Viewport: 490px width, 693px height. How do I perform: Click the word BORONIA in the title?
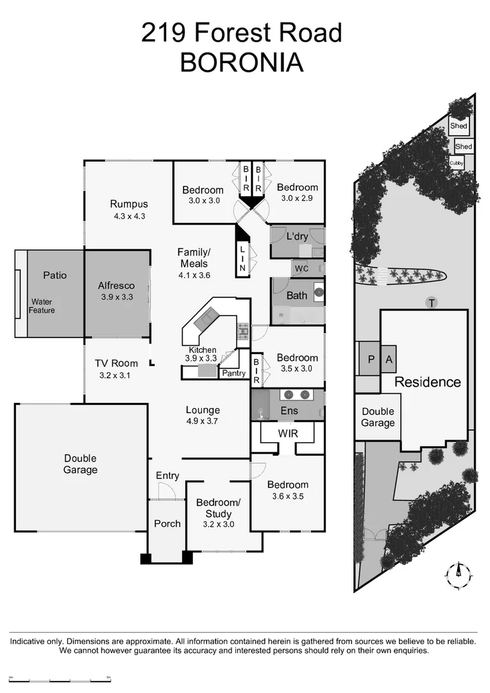(241, 63)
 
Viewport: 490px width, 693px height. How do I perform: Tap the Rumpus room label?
(129, 205)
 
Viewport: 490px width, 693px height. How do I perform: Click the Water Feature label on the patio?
(42, 306)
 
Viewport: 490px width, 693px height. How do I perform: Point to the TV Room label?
(116, 363)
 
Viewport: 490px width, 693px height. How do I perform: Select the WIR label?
(287, 434)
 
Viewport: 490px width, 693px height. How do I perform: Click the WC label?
(301, 268)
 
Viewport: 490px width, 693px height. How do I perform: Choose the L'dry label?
(297, 236)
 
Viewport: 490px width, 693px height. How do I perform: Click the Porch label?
(167, 524)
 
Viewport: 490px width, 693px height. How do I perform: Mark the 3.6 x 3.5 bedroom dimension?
(287, 496)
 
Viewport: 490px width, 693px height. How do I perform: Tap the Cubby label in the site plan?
(457, 164)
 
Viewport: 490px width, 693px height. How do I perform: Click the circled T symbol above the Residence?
(431, 302)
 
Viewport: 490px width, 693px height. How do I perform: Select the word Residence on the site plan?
(427, 382)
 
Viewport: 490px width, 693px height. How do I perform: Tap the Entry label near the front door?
(167, 475)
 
